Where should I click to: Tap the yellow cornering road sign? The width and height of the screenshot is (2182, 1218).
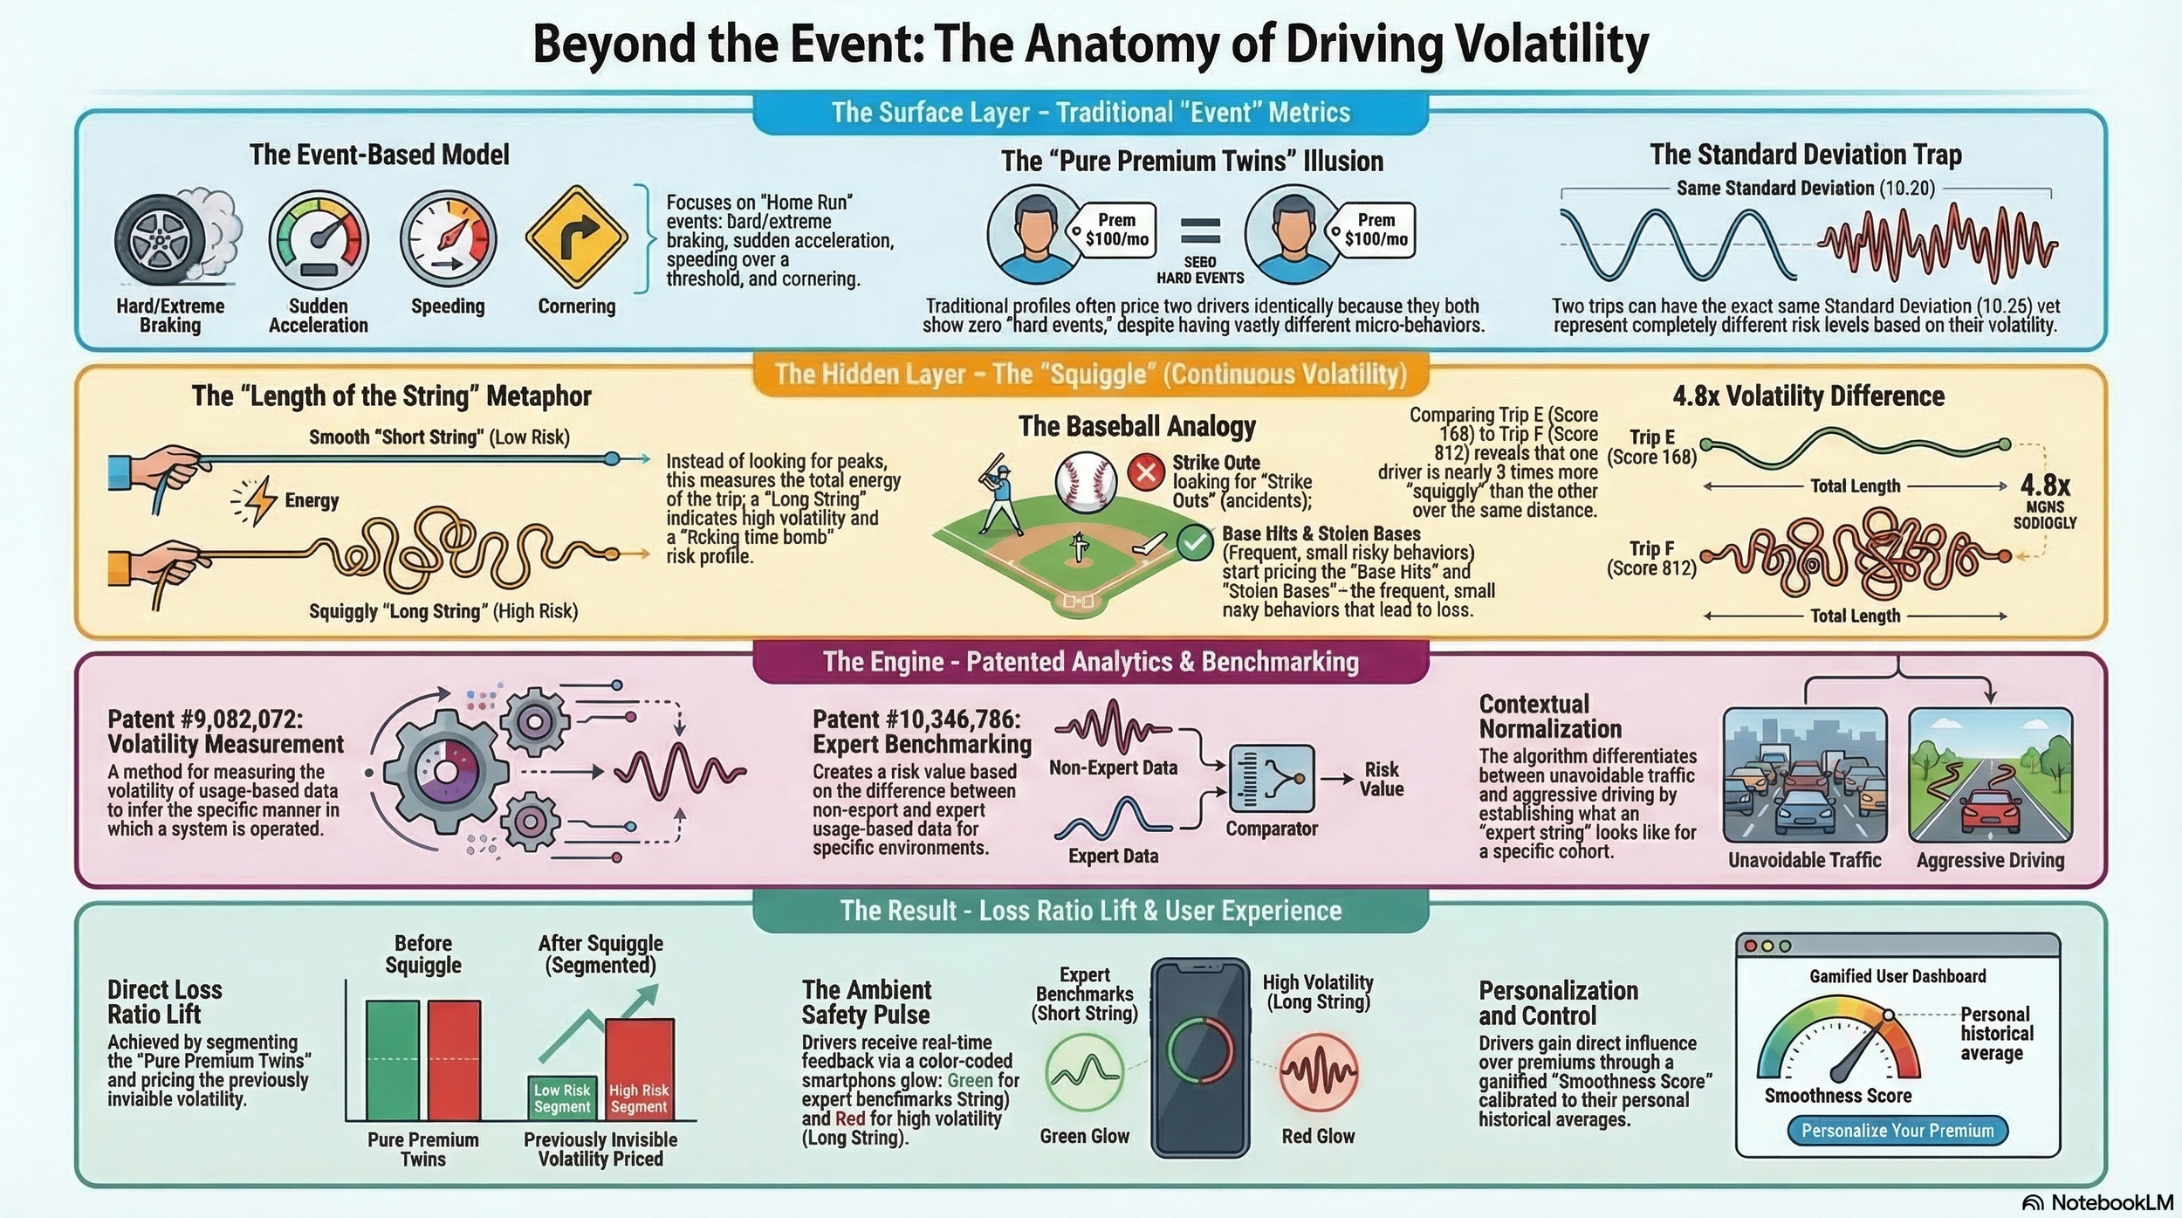(x=576, y=236)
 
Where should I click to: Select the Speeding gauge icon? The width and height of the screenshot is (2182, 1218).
(x=448, y=238)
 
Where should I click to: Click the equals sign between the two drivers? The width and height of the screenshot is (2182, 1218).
(x=1200, y=231)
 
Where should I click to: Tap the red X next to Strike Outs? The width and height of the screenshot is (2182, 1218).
(x=1145, y=473)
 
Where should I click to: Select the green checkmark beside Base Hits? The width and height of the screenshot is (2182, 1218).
(x=1194, y=542)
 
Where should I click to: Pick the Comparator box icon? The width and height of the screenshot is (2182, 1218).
(x=1271, y=778)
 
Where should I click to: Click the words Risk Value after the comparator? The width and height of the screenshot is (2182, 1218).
(x=1381, y=779)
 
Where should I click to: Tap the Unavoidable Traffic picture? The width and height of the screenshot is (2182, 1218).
(x=1804, y=774)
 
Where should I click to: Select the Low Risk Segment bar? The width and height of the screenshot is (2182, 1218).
(x=562, y=1098)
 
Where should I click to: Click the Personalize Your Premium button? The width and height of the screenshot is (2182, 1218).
(x=1897, y=1131)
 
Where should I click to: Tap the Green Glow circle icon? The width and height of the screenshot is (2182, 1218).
(x=1084, y=1072)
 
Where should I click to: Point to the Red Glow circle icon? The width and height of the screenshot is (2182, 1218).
(x=1318, y=1072)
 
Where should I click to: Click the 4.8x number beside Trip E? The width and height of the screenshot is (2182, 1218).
(x=2045, y=485)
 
